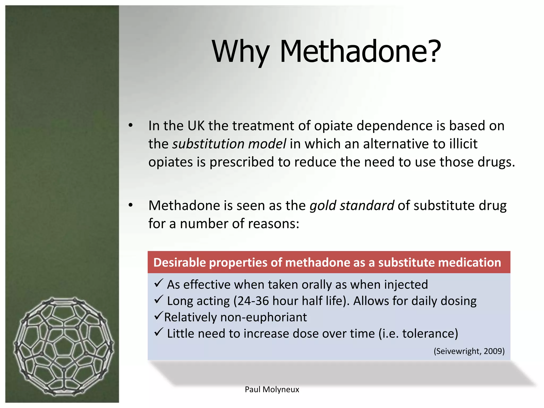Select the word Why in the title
pos(241,52)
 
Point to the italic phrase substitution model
pos(229,144)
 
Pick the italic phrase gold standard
pos(352,205)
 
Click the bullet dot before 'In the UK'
pos(130,125)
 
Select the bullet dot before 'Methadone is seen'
pos(130,205)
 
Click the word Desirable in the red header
pos(180,262)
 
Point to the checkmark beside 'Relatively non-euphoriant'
pos(158,316)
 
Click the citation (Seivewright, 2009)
pos(469,351)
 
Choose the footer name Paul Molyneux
pos(272,389)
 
